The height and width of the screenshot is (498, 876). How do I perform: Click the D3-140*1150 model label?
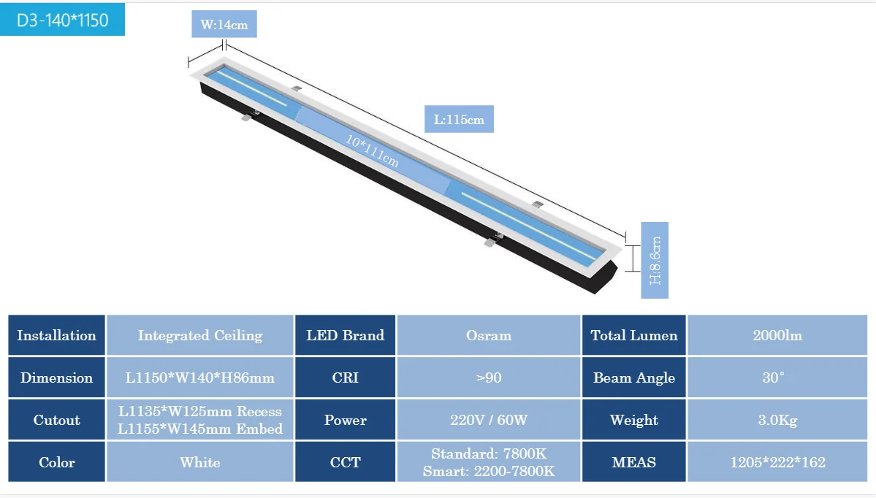[x=62, y=20]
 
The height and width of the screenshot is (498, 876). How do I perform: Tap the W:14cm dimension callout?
[x=224, y=25]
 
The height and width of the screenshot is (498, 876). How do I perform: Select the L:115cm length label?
[x=459, y=119]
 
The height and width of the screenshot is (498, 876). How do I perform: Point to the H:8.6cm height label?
[x=655, y=260]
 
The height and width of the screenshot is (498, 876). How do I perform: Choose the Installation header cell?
[x=57, y=336]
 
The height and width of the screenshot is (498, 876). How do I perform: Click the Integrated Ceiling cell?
[x=200, y=336]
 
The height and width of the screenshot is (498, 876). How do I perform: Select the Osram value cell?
[x=489, y=336]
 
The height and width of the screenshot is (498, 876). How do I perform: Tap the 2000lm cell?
[x=777, y=336]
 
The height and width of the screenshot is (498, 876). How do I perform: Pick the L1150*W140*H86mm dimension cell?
[x=200, y=378]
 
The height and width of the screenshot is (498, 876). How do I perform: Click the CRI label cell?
[x=345, y=378]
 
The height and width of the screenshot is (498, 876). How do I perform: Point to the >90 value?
[x=489, y=378]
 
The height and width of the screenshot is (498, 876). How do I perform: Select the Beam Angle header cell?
[x=634, y=378]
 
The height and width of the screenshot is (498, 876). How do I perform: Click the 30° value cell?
[x=777, y=378]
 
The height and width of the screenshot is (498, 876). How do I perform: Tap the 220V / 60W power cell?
[x=489, y=420]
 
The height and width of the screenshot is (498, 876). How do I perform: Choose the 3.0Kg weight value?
[x=777, y=420]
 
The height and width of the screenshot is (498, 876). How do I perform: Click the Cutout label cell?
[x=57, y=420]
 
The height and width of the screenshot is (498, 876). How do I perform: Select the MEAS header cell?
[x=634, y=462]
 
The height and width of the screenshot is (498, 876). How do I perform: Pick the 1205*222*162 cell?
[x=777, y=462]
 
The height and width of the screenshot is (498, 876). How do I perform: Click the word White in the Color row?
[x=200, y=462]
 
